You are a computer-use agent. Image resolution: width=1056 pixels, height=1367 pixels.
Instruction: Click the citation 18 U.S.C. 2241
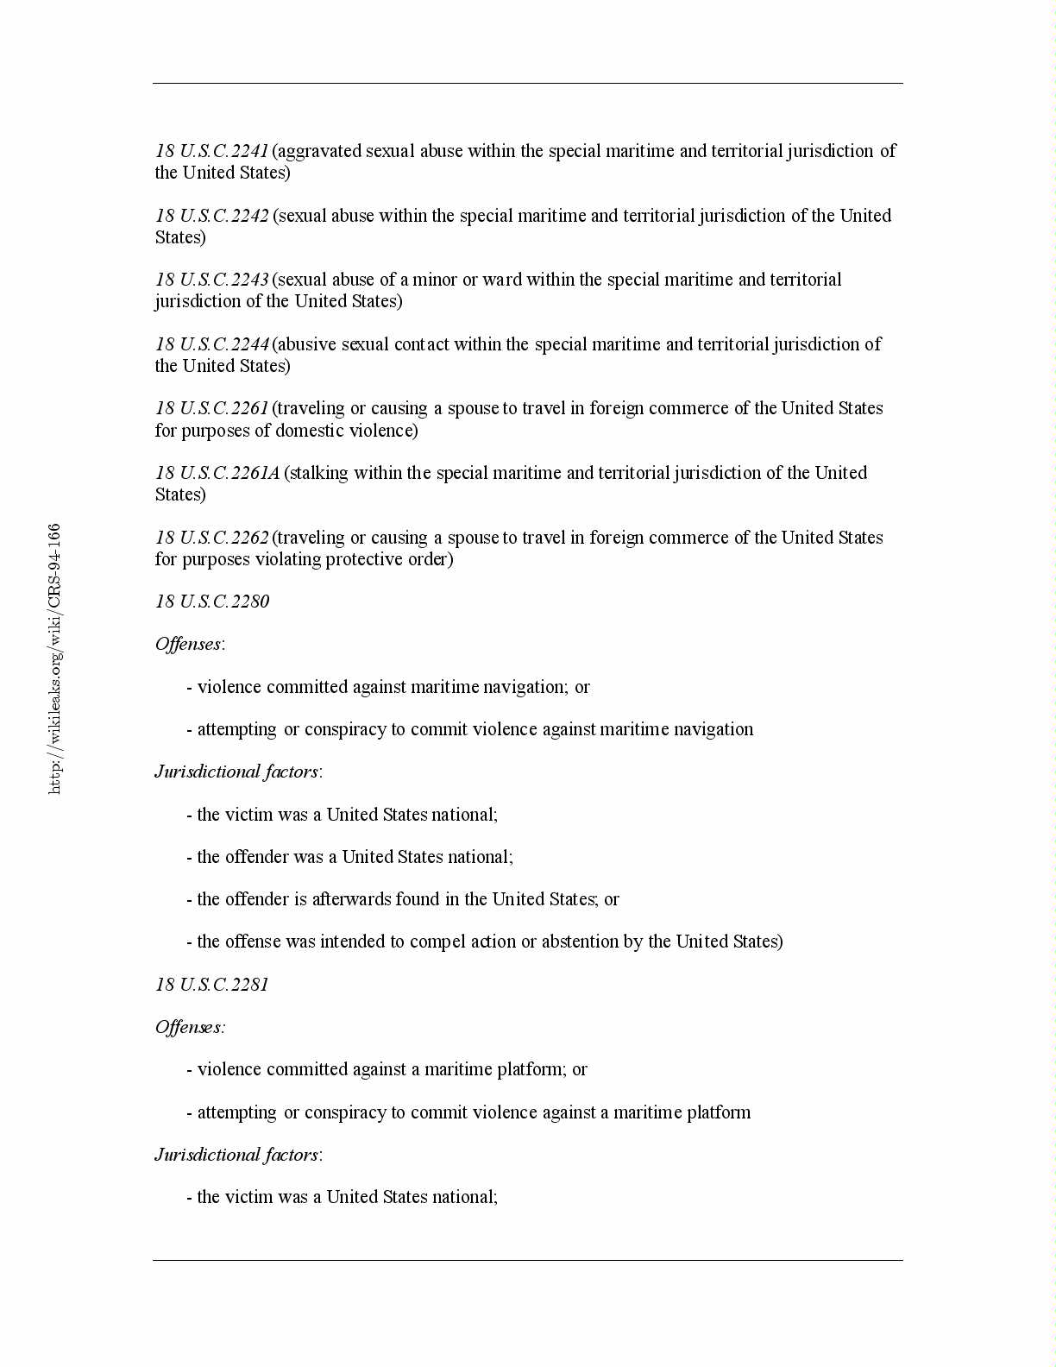tap(212, 151)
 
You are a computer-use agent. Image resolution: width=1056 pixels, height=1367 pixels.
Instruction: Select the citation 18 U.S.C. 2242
tap(212, 216)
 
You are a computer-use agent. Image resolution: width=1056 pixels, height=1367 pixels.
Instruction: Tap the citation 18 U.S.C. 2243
tap(212, 280)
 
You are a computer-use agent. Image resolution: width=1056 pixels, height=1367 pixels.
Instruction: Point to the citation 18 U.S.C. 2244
tap(212, 344)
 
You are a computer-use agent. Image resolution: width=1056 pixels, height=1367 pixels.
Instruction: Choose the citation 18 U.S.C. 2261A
tap(217, 473)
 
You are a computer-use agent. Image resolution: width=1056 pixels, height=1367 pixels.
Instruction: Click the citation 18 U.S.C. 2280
tap(212, 602)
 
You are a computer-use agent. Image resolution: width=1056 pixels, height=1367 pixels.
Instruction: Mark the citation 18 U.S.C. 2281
tap(212, 985)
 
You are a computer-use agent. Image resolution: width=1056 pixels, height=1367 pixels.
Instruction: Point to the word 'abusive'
tap(308, 344)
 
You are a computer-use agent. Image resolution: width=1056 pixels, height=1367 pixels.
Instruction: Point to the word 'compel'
tap(437, 942)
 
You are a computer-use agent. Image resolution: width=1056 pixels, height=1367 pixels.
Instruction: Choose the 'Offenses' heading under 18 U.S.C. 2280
tap(188, 644)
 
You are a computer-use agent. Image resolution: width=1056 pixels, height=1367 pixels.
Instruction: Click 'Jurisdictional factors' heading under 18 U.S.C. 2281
tap(236, 1155)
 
